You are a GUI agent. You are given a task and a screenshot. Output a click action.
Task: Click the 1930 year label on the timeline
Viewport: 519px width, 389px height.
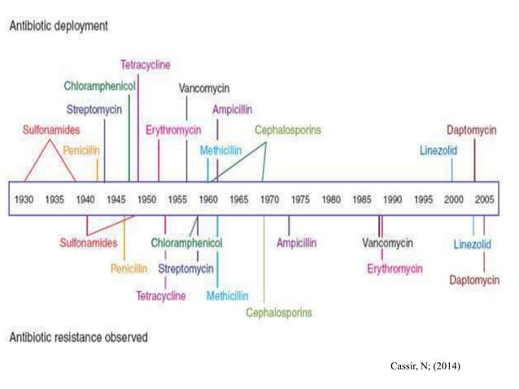click(x=24, y=199)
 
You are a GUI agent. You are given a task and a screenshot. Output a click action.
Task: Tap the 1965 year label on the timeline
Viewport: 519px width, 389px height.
click(x=239, y=199)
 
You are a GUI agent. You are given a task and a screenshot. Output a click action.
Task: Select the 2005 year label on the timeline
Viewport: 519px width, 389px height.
click(x=485, y=199)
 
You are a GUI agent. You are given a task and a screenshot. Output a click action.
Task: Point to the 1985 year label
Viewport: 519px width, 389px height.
click(x=362, y=199)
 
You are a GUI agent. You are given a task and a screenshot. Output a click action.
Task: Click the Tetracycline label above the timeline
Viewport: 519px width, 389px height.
click(x=146, y=64)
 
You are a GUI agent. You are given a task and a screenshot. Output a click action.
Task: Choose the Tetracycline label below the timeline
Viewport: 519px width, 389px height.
click(x=161, y=295)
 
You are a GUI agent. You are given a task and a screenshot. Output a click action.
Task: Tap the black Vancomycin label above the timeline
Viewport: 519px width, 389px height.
click(x=204, y=89)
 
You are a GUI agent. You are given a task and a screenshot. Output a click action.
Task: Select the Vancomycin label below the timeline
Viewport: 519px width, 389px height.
click(x=387, y=243)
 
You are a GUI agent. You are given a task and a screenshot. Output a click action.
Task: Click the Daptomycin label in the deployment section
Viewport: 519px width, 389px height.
click(x=472, y=130)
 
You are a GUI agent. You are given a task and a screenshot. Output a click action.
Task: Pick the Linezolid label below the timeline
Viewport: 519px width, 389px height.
click(x=473, y=244)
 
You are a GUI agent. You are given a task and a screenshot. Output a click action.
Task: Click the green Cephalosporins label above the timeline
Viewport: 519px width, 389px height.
click(x=288, y=129)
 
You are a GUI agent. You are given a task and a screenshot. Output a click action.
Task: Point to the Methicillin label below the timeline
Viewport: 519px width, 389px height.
click(x=228, y=295)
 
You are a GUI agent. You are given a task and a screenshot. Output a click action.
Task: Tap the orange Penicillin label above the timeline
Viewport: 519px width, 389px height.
click(x=81, y=151)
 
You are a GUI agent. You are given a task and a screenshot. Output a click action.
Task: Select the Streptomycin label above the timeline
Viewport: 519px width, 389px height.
click(x=94, y=110)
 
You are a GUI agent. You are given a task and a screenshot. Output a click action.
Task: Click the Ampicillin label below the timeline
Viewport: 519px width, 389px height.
click(x=297, y=243)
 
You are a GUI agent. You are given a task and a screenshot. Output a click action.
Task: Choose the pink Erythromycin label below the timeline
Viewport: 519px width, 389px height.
click(x=395, y=269)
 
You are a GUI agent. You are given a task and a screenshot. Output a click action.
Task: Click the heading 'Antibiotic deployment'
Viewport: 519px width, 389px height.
click(x=59, y=26)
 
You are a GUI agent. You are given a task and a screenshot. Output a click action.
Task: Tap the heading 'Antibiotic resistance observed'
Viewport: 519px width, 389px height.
click(x=78, y=338)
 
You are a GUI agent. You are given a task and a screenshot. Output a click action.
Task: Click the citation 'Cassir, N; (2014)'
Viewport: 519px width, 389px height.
click(x=425, y=366)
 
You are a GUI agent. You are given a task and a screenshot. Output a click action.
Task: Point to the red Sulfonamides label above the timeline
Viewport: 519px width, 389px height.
click(x=51, y=129)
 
